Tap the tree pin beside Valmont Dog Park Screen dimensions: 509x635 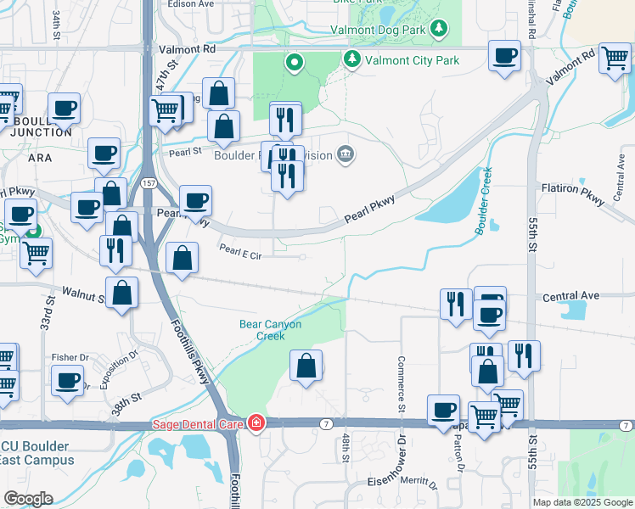pos(439,30)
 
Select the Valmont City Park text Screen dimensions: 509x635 pos(411,59)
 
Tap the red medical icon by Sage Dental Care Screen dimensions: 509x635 pos(255,422)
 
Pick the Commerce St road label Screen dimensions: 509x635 pos(400,379)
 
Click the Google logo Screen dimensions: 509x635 pos(28,499)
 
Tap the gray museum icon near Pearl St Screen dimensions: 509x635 pos(346,154)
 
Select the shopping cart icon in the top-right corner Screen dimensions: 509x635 pos(615,59)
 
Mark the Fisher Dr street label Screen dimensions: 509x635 pos(70,357)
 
